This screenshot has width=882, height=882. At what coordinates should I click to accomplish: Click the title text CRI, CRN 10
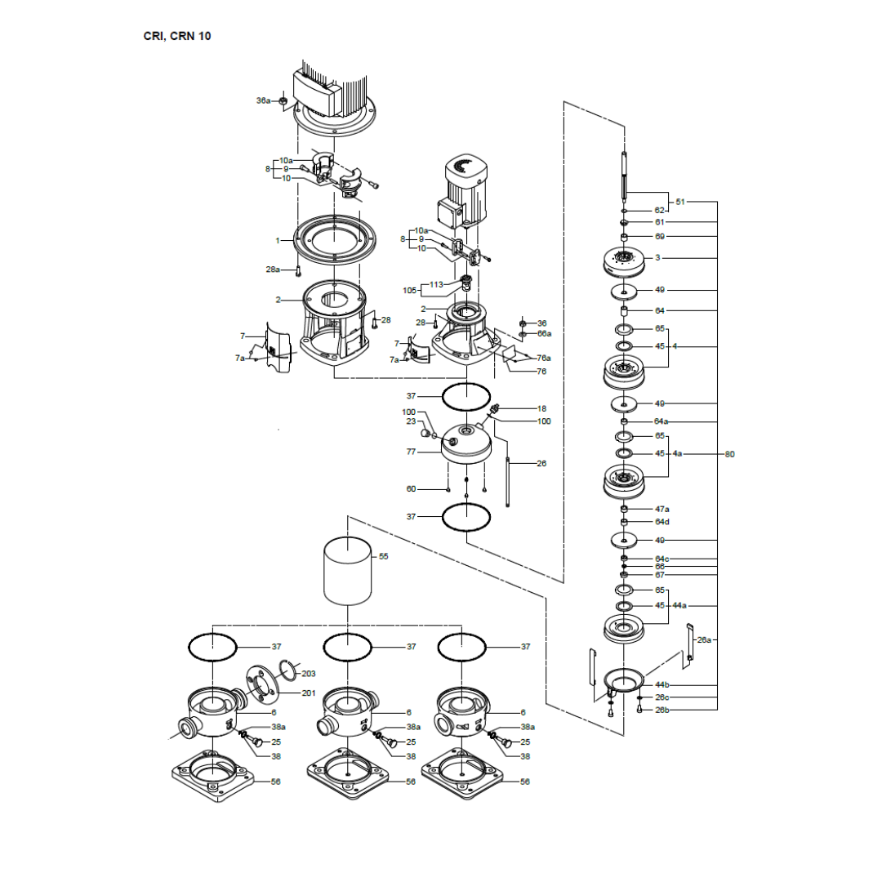click(x=177, y=36)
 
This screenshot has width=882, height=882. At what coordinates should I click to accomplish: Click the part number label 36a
click(x=263, y=100)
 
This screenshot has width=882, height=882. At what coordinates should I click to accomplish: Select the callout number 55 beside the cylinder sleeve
click(x=385, y=556)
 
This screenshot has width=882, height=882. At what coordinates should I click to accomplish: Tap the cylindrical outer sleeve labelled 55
click(x=348, y=572)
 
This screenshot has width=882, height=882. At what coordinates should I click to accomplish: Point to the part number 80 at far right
click(x=730, y=454)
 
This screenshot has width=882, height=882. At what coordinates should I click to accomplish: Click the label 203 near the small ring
click(x=309, y=674)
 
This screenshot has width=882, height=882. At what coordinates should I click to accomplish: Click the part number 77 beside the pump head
click(x=411, y=452)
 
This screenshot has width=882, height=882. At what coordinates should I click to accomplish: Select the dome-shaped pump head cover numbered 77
click(x=465, y=445)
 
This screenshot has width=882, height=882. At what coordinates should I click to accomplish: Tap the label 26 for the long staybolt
click(x=541, y=464)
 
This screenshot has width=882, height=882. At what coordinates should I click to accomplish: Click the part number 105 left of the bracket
click(x=410, y=291)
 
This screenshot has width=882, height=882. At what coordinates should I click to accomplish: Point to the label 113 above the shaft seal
click(x=437, y=285)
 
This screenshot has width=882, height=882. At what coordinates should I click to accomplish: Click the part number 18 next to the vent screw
click(x=541, y=408)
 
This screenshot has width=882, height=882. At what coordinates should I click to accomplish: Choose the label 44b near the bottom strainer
click(x=662, y=684)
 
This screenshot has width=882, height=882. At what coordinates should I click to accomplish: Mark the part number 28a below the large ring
click(x=273, y=269)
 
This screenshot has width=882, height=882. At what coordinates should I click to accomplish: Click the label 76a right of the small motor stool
click(x=544, y=358)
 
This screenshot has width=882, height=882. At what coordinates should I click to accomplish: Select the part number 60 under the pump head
click(x=411, y=489)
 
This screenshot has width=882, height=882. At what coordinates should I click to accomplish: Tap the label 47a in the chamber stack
click(x=662, y=509)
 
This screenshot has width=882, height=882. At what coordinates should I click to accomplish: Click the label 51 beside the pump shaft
click(x=680, y=201)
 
